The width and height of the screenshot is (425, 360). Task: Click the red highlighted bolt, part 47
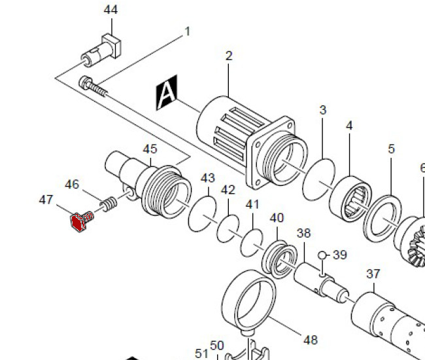pyautogui.click(x=79, y=223)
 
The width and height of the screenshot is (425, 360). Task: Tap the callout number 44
pyautogui.click(x=110, y=10)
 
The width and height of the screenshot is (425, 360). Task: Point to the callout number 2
pyautogui.click(x=229, y=56)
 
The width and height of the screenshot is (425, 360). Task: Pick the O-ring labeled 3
pyautogui.click(x=319, y=177)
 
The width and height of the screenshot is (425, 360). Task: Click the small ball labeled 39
pyautogui.click(x=322, y=255)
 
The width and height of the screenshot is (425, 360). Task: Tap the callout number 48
pyautogui.click(x=310, y=340)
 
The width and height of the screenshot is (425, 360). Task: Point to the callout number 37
pyautogui.click(x=373, y=274)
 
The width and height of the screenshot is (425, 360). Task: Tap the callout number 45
pyautogui.click(x=150, y=149)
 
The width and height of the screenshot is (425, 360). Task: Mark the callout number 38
pyautogui.click(x=304, y=233)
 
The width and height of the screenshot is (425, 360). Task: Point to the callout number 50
pyautogui.click(x=216, y=346)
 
